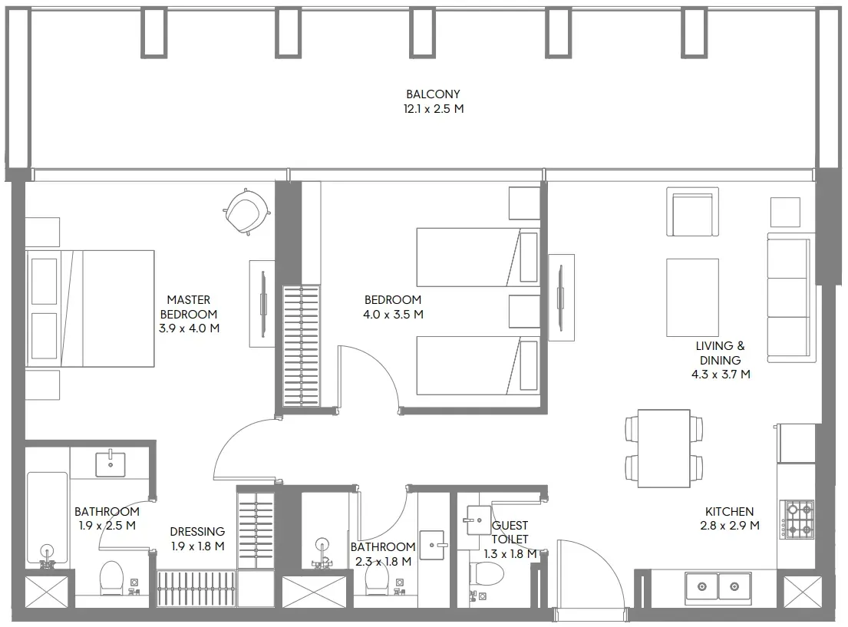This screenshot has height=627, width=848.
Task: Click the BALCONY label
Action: [433, 94]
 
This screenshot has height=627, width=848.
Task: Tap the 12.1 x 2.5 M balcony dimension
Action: [433, 109]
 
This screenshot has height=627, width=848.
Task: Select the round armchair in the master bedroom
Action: [247, 212]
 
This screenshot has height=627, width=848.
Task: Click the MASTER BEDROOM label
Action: [189, 307]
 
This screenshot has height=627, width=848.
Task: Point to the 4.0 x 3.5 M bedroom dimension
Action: [393, 315]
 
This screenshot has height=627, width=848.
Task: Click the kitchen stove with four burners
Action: [797, 520]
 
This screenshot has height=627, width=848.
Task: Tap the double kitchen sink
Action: [718, 586]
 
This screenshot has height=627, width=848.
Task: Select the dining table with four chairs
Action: [664, 448]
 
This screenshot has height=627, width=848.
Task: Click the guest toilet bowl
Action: [487, 574]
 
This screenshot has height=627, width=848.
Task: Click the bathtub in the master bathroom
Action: [48, 520]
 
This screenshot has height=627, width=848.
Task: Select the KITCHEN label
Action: [729, 511]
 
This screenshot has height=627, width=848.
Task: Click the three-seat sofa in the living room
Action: [791, 298]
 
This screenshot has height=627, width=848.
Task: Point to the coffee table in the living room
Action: [693, 298]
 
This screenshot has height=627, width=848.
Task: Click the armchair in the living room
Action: [693, 212]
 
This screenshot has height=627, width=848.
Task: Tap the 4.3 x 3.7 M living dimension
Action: [721, 375]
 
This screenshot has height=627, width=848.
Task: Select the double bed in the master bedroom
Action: [91, 309]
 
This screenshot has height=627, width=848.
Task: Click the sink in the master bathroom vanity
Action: [111, 464]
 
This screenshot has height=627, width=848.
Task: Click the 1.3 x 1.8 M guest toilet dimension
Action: [510, 554]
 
